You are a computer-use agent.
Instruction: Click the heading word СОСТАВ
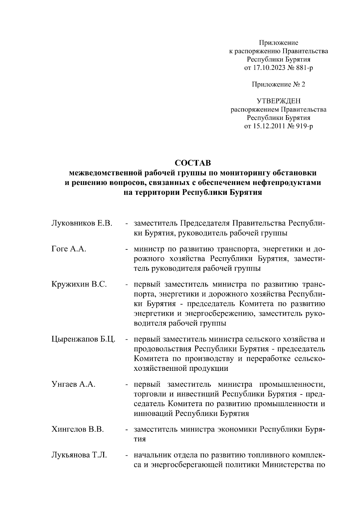pos(193,163)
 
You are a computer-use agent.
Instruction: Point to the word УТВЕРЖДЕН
pos(278,101)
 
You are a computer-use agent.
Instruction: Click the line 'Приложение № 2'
pos(278,85)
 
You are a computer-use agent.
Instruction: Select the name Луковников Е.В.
pos(82,223)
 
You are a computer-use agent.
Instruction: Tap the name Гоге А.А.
pos(69,249)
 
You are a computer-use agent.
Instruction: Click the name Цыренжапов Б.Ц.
pos(83,340)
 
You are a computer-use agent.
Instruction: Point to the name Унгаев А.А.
pos(73,384)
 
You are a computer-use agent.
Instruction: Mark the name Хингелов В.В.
pos(77,429)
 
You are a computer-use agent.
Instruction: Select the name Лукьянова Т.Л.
pos(79,455)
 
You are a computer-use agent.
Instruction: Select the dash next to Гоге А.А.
pos(127,249)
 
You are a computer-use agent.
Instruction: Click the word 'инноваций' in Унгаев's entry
pos(153,414)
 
